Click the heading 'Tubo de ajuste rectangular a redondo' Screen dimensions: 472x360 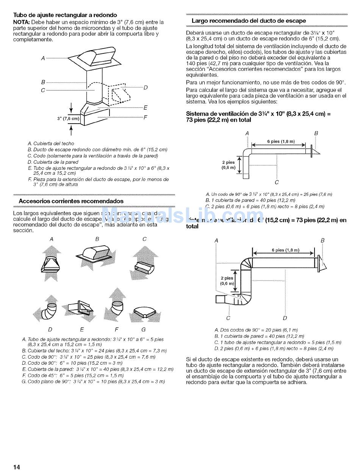point(65,15)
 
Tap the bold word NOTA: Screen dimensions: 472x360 point(22,22)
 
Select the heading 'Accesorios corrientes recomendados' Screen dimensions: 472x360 point(71,201)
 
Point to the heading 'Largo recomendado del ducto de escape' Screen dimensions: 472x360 point(249,21)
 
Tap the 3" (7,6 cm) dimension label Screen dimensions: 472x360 point(68,119)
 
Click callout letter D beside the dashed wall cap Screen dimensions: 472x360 point(145,88)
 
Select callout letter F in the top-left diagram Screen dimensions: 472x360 point(145,117)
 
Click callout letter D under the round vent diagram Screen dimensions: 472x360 point(285,318)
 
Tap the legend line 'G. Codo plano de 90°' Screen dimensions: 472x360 point(93,382)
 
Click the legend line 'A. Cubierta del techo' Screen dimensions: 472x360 point(51,144)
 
